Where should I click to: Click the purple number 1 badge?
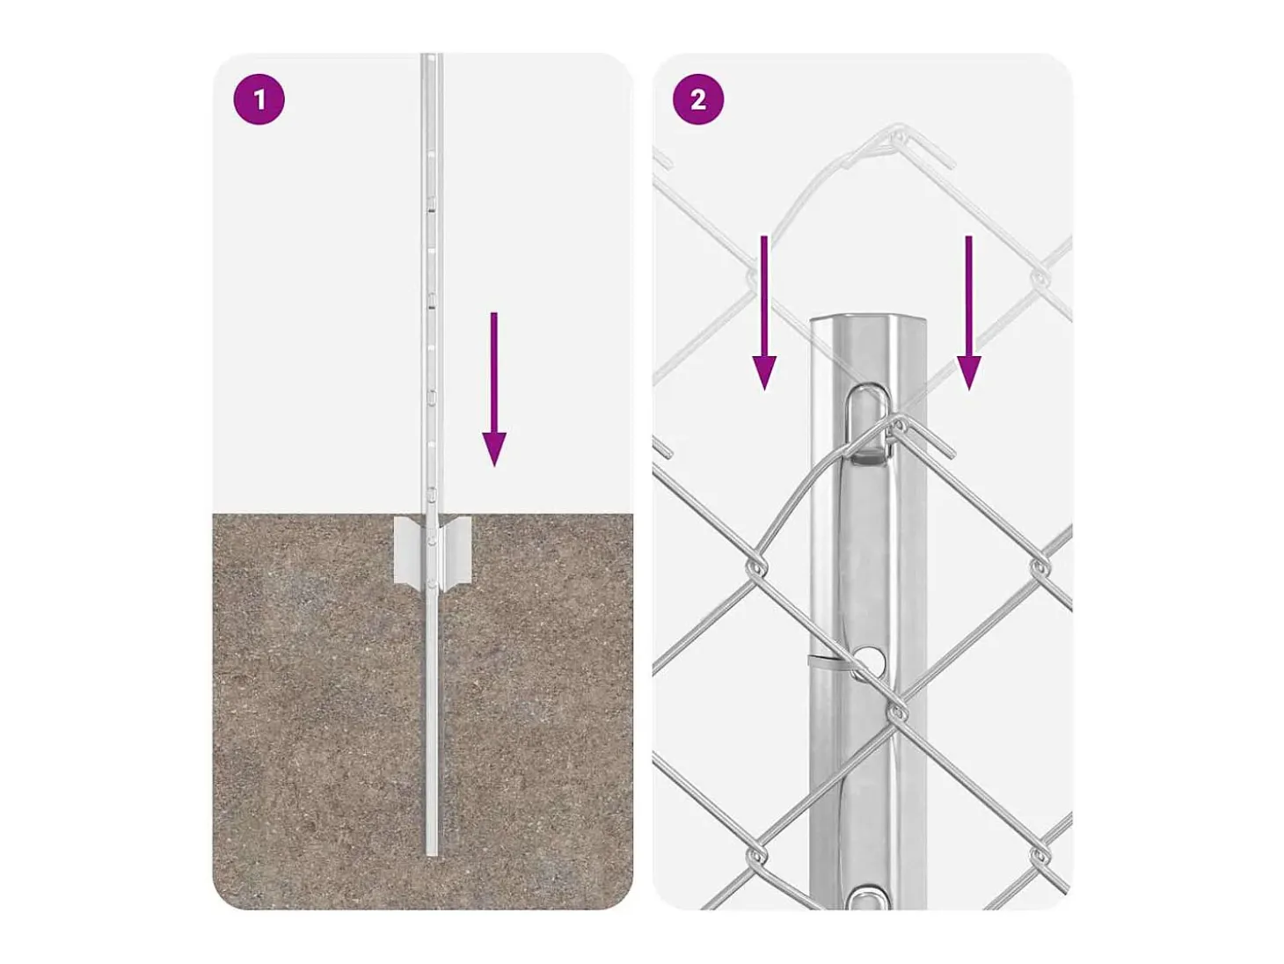point(259,100)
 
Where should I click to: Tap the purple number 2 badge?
point(698,100)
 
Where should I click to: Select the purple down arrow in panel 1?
point(493,390)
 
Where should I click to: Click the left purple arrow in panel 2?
point(764,313)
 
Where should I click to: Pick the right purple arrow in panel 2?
point(968,313)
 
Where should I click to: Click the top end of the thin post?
point(431,55)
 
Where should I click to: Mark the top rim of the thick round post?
point(868,319)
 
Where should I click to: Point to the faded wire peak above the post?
point(900,132)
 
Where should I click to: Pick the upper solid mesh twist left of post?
point(755,567)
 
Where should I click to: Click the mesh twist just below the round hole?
point(897,712)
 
